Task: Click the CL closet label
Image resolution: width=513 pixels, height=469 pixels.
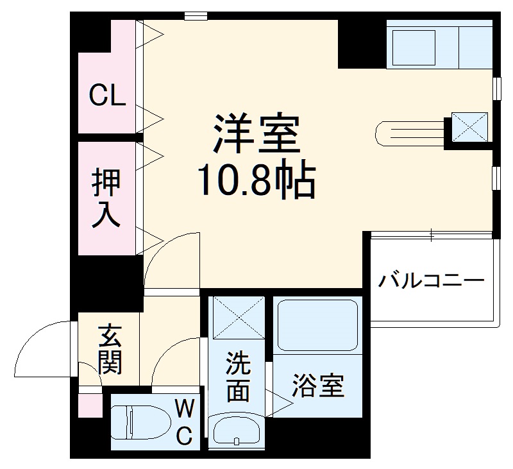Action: tap(107, 96)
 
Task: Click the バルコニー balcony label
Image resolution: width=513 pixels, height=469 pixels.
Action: tap(430, 281)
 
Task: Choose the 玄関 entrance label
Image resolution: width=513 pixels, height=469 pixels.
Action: tap(110, 350)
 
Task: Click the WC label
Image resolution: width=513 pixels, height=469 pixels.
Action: tap(184, 422)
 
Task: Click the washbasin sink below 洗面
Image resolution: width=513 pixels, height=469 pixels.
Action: tap(236, 433)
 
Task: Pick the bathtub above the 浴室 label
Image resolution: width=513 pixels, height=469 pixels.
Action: tap(317, 325)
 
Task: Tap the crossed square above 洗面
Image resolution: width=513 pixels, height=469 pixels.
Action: tap(237, 317)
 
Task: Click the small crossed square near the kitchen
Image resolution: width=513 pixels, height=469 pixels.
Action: tap(469, 127)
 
